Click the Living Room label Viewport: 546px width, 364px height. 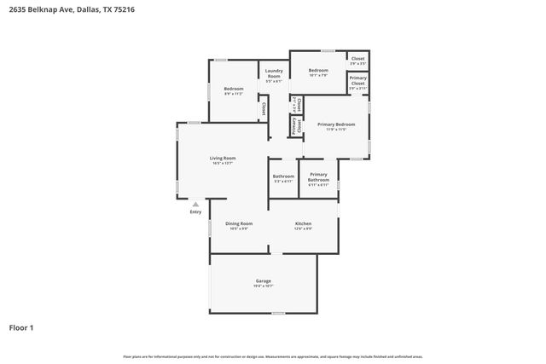point(223,158)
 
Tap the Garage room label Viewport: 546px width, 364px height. point(264,280)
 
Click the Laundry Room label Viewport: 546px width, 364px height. point(274,73)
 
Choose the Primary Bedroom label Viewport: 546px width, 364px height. point(336,124)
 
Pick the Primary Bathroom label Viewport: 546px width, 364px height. point(318,176)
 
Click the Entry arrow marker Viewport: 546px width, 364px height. point(195,205)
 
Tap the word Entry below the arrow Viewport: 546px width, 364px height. point(195,212)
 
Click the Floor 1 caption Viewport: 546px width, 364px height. point(21,327)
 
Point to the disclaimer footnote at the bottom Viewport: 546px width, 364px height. point(273,356)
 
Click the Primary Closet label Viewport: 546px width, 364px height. point(358,79)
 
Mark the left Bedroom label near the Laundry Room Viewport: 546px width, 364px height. point(234,89)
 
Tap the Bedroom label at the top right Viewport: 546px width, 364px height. point(318,70)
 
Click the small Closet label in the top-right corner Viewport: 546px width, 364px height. point(358,58)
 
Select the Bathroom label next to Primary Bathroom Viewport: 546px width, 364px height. point(283,176)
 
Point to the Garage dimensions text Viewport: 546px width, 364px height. point(264,286)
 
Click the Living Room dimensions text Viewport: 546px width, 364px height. point(223,163)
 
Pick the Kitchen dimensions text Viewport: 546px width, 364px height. point(303,228)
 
